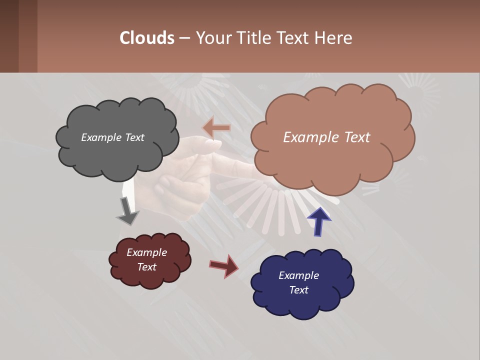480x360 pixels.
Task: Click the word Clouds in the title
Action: point(147,38)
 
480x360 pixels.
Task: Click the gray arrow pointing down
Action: point(127,210)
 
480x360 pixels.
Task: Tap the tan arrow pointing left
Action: point(216,128)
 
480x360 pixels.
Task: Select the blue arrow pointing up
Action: point(318,221)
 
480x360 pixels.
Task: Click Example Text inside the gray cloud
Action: point(112,137)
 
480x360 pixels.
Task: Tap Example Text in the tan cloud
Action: point(326,137)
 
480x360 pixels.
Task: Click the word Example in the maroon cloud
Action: point(147,252)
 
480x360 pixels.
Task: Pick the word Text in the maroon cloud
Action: point(147,267)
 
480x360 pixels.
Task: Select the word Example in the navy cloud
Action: point(298,275)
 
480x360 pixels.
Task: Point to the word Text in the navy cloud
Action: point(298,290)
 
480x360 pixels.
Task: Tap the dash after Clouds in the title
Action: point(184,38)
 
